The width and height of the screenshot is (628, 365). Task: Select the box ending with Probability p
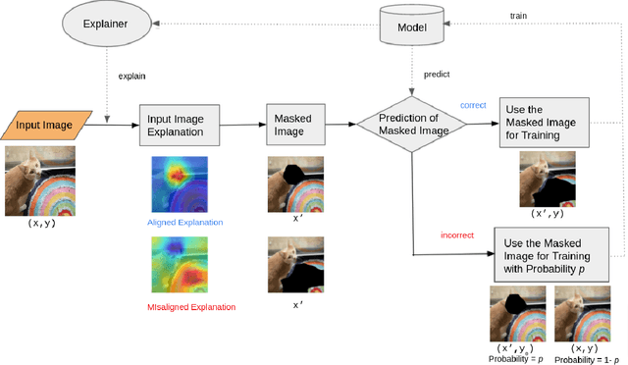(x=552, y=254)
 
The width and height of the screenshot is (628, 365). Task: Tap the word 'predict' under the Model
(x=438, y=73)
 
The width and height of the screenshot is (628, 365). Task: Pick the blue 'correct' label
(x=474, y=104)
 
